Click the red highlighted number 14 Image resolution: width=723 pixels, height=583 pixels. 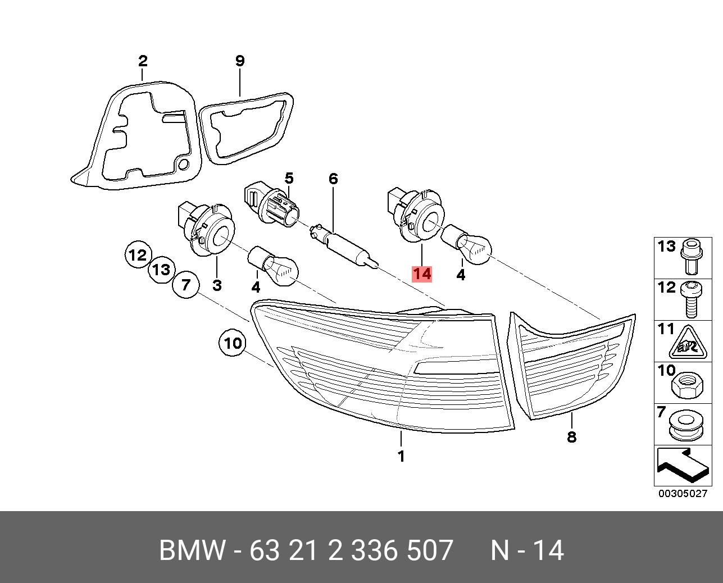pyautogui.click(x=421, y=274)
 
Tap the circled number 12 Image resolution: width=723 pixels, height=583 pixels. pyautogui.click(x=137, y=256)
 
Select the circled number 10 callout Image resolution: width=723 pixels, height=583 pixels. pyautogui.click(x=232, y=343)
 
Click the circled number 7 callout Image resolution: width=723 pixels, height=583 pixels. pyautogui.click(x=185, y=285)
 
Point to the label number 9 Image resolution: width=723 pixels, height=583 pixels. pyautogui.click(x=240, y=61)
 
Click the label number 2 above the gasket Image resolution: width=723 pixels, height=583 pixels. pyautogui.click(x=143, y=61)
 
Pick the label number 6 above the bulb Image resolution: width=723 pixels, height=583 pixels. pyautogui.click(x=333, y=179)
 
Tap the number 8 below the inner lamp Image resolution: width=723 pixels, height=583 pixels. pyautogui.click(x=571, y=436)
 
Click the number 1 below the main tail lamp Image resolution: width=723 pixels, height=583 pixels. pyautogui.click(x=401, y=456)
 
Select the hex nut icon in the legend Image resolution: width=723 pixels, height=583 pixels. pyautogui.click(x=685, y=384)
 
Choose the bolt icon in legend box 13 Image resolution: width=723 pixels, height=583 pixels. pyautogui.click(x=690, y=257)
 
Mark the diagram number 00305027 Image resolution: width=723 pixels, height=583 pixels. pyautogui.click(x=683, y=494)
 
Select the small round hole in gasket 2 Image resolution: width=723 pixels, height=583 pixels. pyautogui.click(x=183, y=165)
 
